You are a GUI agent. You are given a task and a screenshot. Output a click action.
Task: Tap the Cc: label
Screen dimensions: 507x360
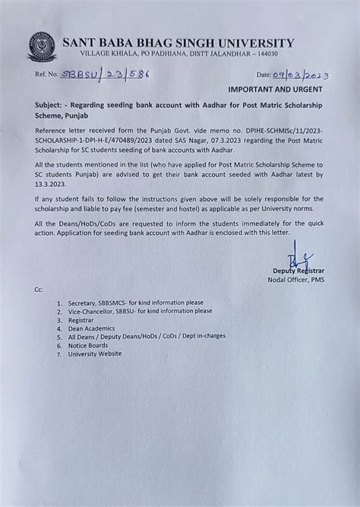pyautogui.click(x=39, y=292)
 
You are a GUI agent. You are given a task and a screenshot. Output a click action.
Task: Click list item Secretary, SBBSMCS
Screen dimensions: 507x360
pyautogui.click(x=139, y=303)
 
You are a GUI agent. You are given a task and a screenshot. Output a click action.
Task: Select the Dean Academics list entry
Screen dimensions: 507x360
pyautogui.click(x=94, y=329)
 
